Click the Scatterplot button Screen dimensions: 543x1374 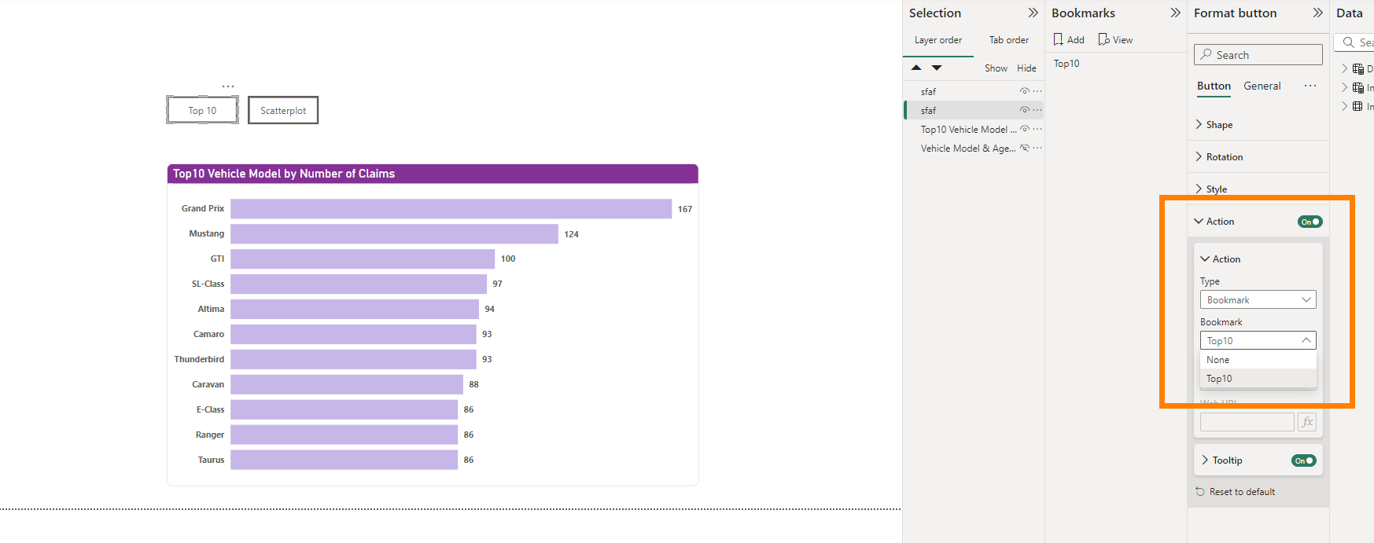283,111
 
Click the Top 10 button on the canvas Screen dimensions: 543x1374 202,111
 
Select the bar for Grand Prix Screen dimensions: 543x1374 451,209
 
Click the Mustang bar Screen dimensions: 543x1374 394,234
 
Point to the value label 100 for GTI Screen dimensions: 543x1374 508,259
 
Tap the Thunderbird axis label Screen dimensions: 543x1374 199,359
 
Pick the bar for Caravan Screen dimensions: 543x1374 347,384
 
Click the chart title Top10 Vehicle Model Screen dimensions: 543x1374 284,174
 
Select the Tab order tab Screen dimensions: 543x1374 1008,40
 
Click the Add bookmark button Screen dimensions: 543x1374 1069,40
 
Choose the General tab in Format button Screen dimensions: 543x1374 1262,86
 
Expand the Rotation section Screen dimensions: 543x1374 1224,157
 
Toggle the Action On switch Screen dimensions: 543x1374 1310,222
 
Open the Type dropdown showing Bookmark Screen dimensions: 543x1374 1258,300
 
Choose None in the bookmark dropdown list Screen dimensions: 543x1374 1218,360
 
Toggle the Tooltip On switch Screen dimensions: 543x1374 1303,460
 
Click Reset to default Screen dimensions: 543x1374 1242,492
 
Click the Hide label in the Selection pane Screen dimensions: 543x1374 1026,68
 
